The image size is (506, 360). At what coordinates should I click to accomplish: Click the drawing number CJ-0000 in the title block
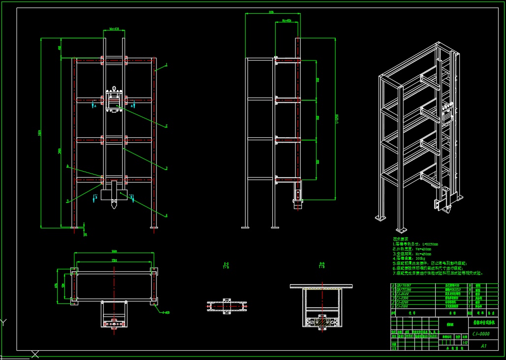[480, 334]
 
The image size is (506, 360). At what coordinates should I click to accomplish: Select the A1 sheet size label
[483, 346]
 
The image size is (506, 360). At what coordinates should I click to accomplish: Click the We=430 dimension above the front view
[114, 29]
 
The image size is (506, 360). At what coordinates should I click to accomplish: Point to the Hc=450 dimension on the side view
[286, 21]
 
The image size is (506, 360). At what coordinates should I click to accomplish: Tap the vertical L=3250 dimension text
[337, 119]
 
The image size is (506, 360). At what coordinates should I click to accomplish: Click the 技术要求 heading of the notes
[401, 239]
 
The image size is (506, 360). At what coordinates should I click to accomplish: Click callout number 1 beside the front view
[166, 64]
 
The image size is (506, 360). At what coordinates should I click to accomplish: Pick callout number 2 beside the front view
[166, 126]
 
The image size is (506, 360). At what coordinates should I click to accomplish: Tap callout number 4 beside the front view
[166, 215]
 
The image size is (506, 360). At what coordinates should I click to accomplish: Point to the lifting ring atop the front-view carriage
[114, 89]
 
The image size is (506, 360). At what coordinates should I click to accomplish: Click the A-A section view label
[226, 265]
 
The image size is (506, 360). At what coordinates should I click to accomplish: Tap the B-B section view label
[322, 265]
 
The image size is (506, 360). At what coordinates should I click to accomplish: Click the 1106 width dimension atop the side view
[271, 12]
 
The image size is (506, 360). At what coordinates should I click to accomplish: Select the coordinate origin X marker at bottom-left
[35, 354]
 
